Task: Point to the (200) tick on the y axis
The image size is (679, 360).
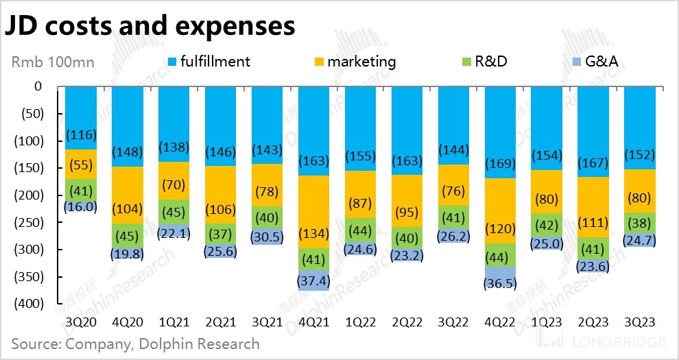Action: coord(28,195)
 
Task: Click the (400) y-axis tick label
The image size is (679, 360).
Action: coord(28,304)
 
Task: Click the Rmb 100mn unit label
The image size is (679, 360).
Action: coord(53,62)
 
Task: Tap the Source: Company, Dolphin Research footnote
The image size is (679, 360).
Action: coord(135,344)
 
